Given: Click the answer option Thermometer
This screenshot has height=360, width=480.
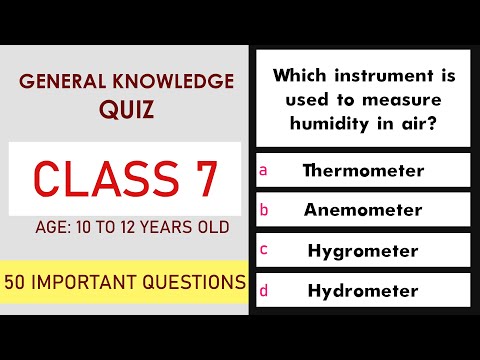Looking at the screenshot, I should tap(363, 170).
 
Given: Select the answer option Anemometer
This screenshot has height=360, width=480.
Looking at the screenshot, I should tap(363, 211).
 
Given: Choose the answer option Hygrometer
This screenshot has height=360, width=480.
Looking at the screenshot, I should tap(363, 251).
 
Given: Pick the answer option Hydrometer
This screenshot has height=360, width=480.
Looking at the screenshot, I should tap(363, 291).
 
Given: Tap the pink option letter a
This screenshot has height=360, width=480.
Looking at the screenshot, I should tap(263, 170).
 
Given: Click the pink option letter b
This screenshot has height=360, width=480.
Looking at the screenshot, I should tap(263, 211).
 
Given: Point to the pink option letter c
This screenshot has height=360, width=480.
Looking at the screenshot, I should tap(263, 251).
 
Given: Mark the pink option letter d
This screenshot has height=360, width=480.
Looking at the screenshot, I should tap(263, 291).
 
